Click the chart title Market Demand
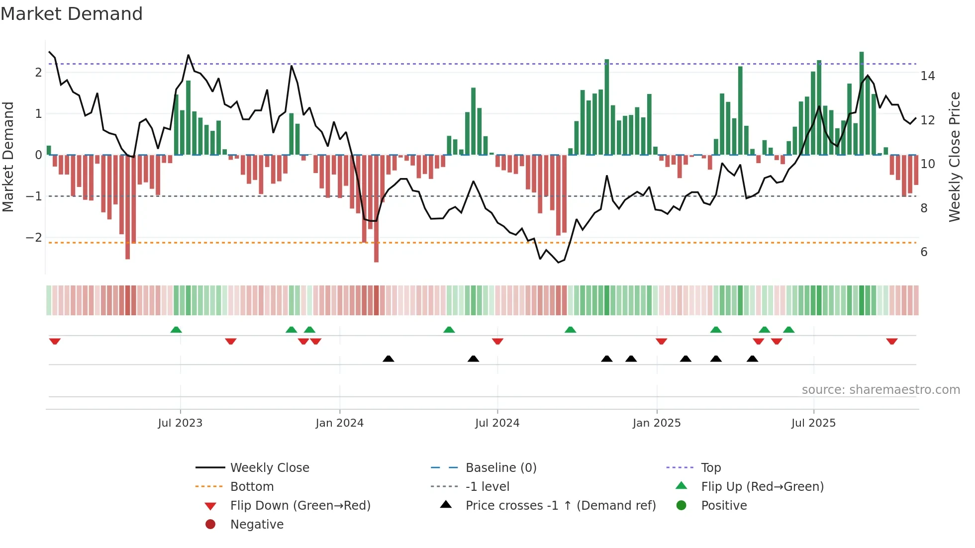point(72,14)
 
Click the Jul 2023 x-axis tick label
point(180,423)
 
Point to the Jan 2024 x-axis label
point(339,423)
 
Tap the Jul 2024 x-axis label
point(497,423)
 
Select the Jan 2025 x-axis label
point(657,423)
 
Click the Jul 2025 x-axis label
point(813,423)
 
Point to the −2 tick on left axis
point(34,238)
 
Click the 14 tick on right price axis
point(927,76)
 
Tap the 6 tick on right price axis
point(924,252)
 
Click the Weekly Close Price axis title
point(954,157)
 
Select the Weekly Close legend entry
point(269,468)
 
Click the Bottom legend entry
point(252,487)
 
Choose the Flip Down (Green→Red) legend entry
point(300,506)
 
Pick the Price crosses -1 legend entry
point(560,506)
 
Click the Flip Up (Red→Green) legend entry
point(762,487)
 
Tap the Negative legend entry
point(257,525)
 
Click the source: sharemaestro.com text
point(880,390)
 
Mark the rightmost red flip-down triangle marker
point(891,341)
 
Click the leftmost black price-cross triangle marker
point(389,359)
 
